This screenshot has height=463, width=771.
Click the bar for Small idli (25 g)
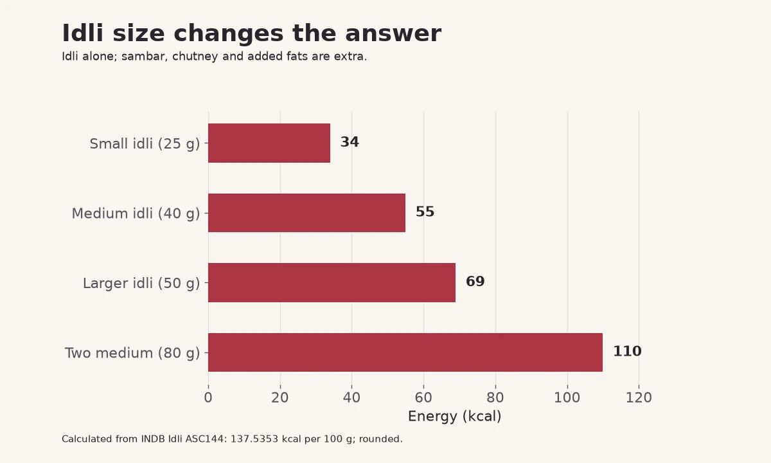tap(269, 143)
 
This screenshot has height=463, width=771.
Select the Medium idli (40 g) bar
tap(306, 213)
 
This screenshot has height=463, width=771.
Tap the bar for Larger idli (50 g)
tap(332, 282)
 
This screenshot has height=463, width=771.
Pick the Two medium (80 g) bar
tap(405, 352)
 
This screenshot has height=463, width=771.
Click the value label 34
tap(350, 142)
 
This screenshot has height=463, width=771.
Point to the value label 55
tap(425, 212)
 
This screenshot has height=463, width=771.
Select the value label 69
tap(475, 282)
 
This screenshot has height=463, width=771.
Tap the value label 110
tap(628, 351)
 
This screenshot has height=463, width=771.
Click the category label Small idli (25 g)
tap(145, 143)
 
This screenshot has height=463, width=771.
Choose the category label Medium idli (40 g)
tap(136, 213)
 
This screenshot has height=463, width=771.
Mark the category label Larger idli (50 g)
tap(141, 283)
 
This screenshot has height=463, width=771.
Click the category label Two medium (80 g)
tap(132, 353)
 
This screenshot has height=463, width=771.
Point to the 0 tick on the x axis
tap(208, 397)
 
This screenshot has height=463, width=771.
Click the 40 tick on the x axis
tap(352, 397)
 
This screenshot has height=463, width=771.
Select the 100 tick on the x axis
tap(567, 397)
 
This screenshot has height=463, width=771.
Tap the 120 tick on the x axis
tap(639, 397)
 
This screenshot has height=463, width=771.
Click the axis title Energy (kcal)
tap(455, 416)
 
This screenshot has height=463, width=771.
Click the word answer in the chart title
tap(393, 33)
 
